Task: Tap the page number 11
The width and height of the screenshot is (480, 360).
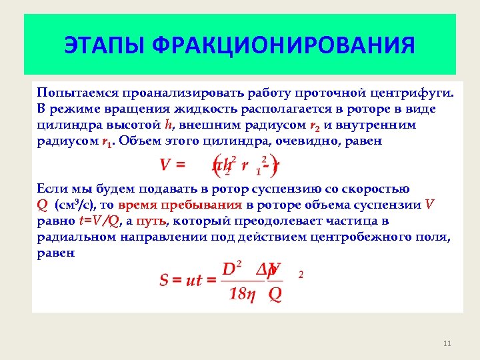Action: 447,343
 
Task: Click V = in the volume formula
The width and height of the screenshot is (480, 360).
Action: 172,164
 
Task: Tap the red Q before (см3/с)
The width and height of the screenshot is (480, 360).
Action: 42,205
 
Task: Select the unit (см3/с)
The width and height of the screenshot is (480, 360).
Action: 76,205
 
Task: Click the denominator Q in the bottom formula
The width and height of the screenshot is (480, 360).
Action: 275,294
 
